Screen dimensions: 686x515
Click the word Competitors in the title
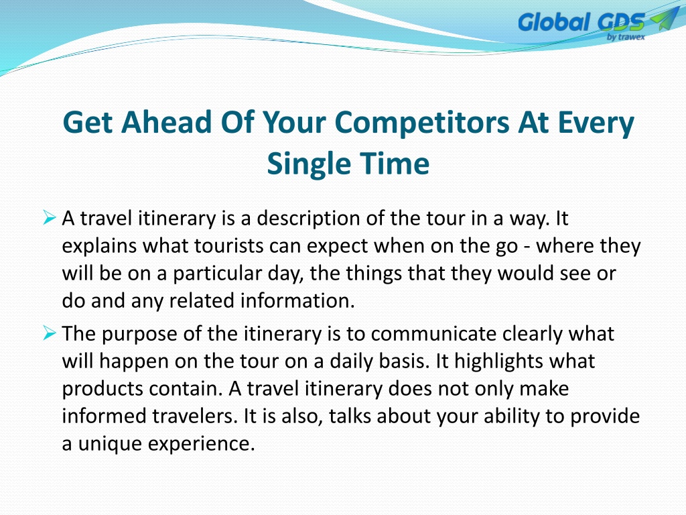(x=422, y=123)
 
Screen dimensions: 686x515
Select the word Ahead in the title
(x=167, y=122)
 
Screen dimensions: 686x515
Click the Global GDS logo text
(x=581, y=22)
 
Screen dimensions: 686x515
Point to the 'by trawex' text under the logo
(x=626, y=37)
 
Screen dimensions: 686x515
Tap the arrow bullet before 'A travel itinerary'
(x=50, y=217)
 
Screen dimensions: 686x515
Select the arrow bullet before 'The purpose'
(x=50, y=333)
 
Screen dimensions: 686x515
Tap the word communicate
(x=433, y=334)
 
